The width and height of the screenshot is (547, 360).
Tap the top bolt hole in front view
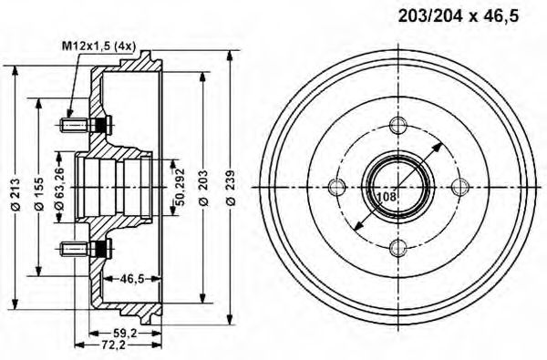coord(397,126)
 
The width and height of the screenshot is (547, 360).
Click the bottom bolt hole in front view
coord(397,247)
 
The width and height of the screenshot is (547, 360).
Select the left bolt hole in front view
coord(336,187)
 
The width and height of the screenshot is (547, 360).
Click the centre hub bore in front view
coord(397,187)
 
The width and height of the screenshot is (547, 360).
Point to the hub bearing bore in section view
coord(114,187)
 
